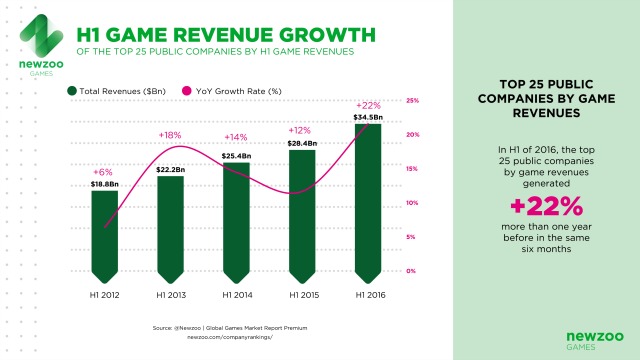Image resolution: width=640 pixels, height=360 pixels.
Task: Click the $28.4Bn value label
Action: (302, 143)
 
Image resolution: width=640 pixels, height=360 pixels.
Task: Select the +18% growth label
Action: (171, 134)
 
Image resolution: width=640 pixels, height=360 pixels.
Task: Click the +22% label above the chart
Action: (369, 106)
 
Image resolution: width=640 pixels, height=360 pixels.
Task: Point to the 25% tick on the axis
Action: (412, 100)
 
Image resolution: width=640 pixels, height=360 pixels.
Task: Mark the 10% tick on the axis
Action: (412, 203)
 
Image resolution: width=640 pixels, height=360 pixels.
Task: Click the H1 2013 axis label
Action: (170, 296)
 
